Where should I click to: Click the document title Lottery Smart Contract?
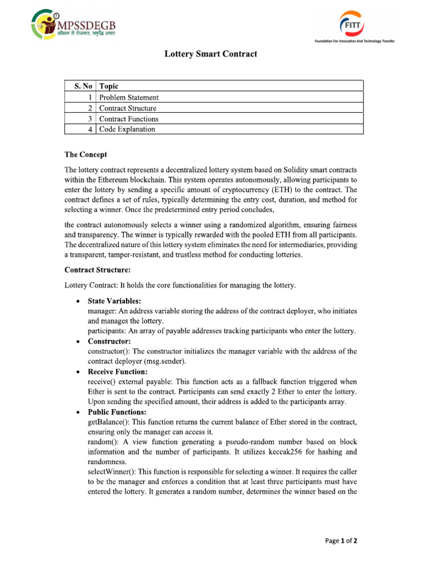pyautogui.click(x=211, y=54)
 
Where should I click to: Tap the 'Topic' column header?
pyautogui.click(x=109, y=86)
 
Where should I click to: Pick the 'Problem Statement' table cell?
pyautogui.click(x=129, y=97)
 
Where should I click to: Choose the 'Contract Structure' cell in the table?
pyautogui.click(x=128, y=108)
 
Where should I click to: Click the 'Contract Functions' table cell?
pyautogui.click(x=129, y=118)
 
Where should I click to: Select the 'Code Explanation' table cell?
pyautogui.click(x=127, y=129)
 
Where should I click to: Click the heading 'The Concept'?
pyautogui.click(x=86, y=154)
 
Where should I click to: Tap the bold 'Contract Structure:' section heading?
pyautogui.click(x=98, y=270)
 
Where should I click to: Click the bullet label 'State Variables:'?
pyautogui.click(x=114, y=301)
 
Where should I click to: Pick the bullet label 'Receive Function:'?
pyautogui.click(x=118, y=371)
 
